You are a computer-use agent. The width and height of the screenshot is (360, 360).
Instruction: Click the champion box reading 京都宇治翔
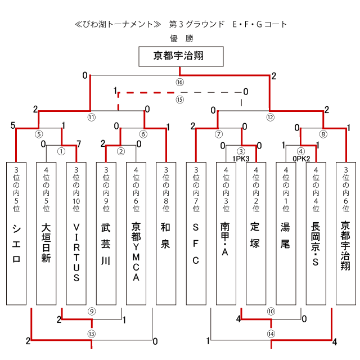(181, 56)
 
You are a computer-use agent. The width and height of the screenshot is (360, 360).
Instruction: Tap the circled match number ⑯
(179, 82)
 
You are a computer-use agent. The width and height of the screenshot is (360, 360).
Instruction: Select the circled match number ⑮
(179, 100)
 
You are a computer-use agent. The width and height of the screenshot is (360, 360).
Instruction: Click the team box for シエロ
(16, 233)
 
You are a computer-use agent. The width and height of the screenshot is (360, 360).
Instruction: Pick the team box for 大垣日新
(46, 233)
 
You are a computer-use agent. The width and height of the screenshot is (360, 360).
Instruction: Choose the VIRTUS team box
(76, 233)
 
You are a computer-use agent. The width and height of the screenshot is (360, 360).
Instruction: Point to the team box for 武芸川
(106, 233)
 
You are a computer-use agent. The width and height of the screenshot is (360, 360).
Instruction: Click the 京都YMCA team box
(136, 233)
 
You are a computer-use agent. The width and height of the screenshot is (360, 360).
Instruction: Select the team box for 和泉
(166, 233)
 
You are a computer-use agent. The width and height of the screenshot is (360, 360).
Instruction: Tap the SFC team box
(196, 233)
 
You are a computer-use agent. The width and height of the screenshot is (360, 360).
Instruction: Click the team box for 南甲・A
(226, 233)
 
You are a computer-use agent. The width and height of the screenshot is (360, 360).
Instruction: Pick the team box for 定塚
(256, 233)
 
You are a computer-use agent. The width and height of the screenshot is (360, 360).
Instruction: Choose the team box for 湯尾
(286, 233)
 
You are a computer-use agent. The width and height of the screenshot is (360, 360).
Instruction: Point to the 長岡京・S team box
(316, 233)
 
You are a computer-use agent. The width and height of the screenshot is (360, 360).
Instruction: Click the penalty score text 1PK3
(241, 159)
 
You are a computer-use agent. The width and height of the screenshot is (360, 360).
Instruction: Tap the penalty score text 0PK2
(301, 159)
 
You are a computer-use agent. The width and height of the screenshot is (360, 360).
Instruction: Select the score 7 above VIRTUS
(79, 144)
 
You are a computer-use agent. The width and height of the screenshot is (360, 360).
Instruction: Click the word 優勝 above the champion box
(181, 38)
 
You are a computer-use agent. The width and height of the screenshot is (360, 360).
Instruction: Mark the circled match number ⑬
(91, 334)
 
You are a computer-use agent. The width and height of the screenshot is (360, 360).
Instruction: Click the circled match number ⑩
(271, 311)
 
